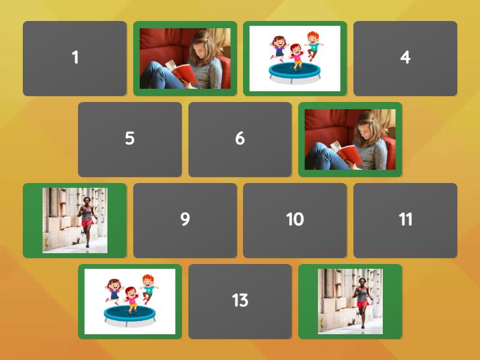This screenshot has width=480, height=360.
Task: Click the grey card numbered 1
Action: pyautogui.click(x=74, y=58)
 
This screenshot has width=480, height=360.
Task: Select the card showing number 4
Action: pyautogui.click(x=405, y=58)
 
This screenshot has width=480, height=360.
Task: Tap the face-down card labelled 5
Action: pyautogui.click(x=130, y=139)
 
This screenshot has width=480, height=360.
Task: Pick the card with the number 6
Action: pyautogui.click(x=239, y=139)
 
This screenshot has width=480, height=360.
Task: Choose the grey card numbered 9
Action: pyautogui.click(x=185, y=220)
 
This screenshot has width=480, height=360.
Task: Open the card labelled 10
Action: pyautogui.click(x=295, y=220)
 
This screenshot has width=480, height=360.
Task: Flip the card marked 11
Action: pyautogui.click(x=405, y=220)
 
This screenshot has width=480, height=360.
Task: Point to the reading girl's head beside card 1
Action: pyautogui.click(x=202, y=43)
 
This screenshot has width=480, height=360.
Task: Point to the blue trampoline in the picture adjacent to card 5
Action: pyautogui.click(x=129, y=314)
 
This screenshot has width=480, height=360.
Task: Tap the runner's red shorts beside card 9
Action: pyautogui.click(x=88, y=223)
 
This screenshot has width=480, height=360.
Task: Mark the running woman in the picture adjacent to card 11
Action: pyautogui.click(x=363, y=297)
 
